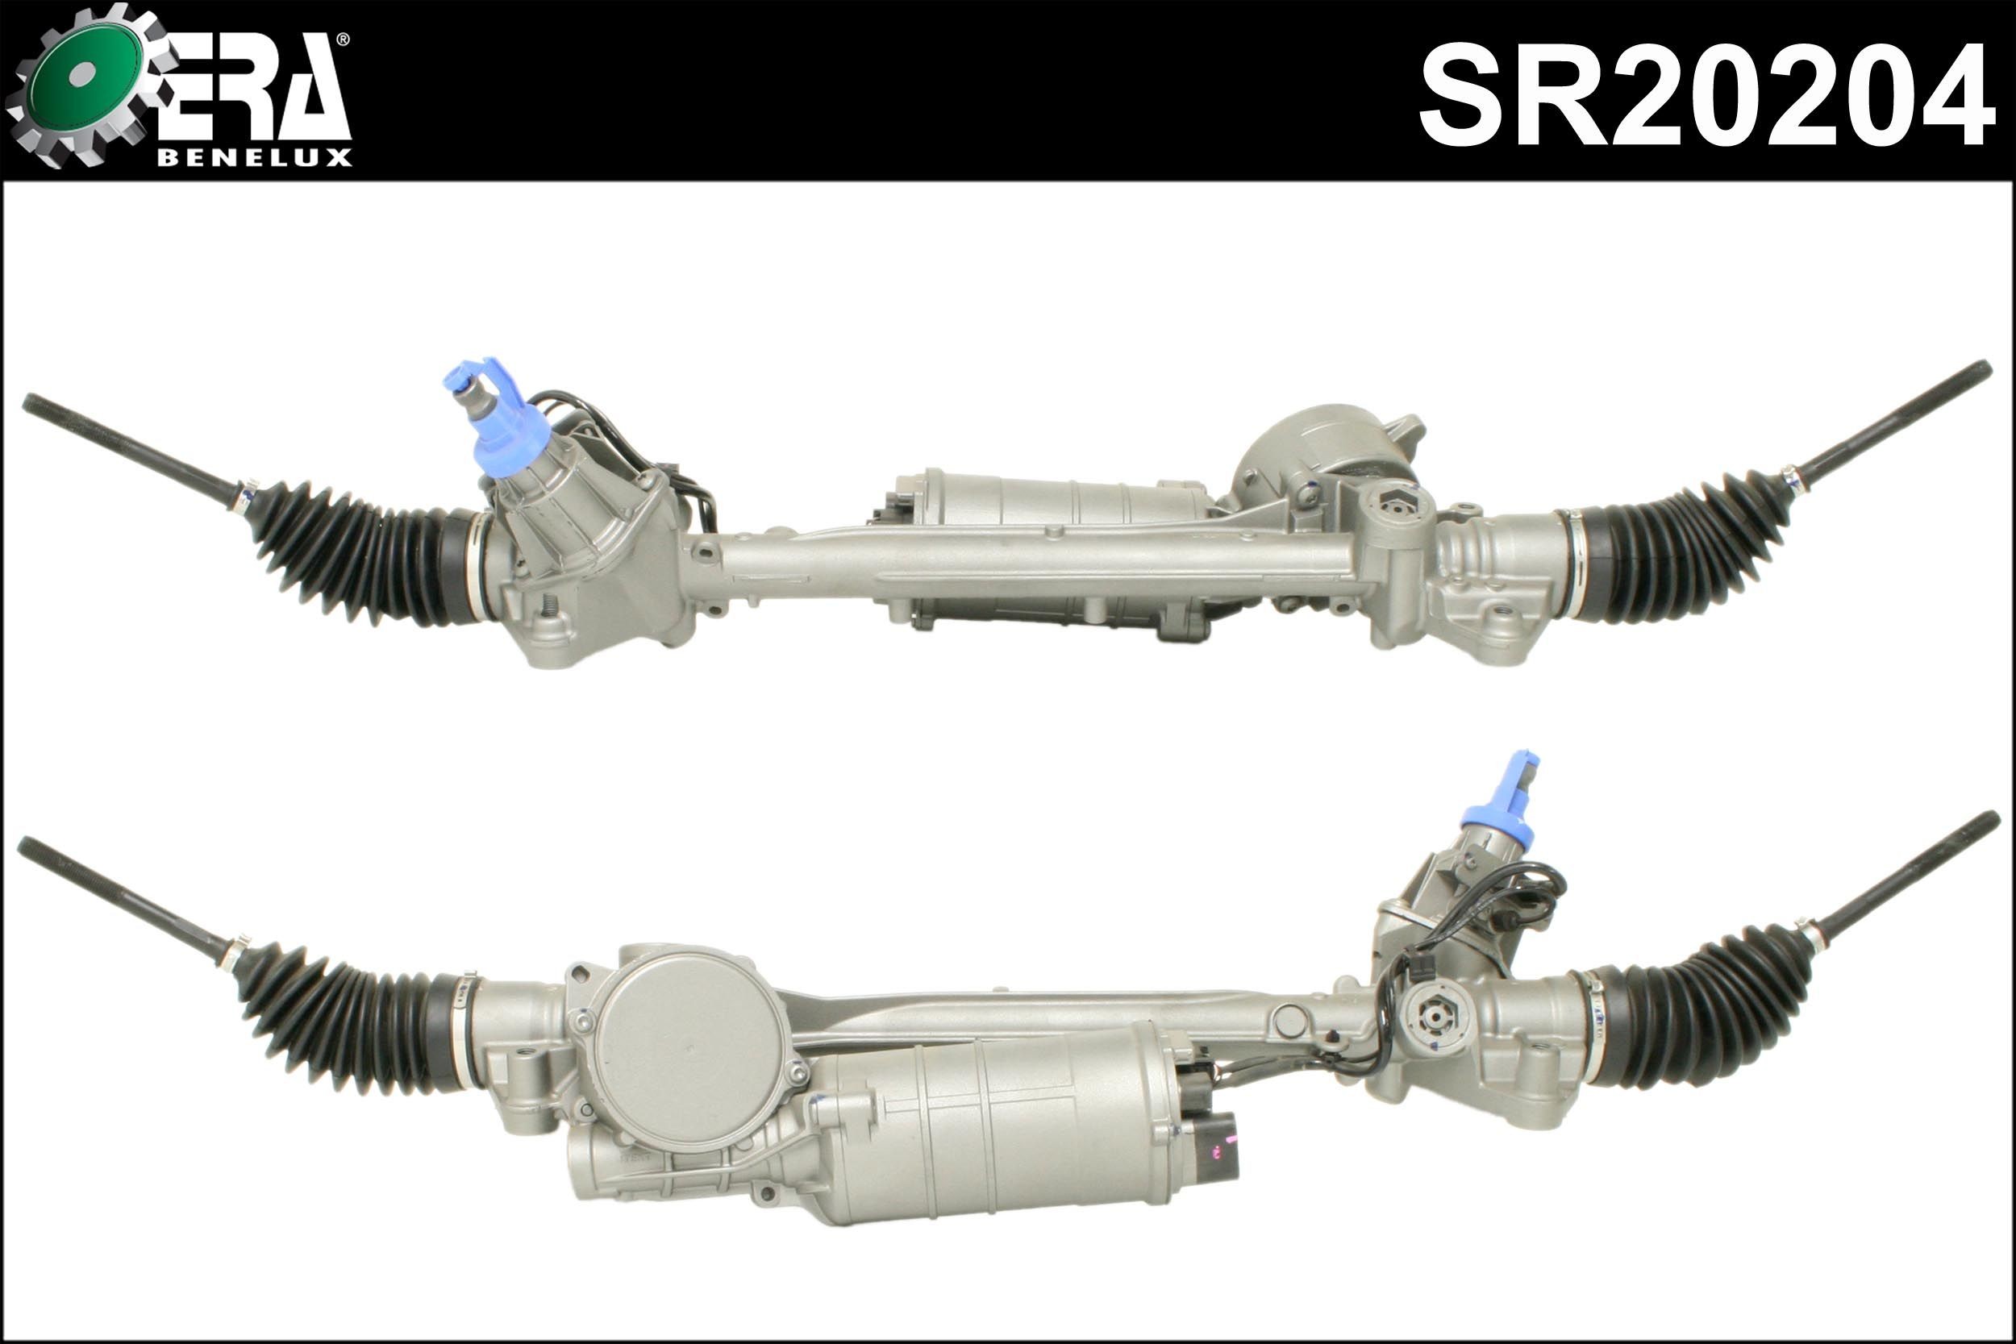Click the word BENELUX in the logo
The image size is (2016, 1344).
254,159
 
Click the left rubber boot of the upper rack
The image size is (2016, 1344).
360,557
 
